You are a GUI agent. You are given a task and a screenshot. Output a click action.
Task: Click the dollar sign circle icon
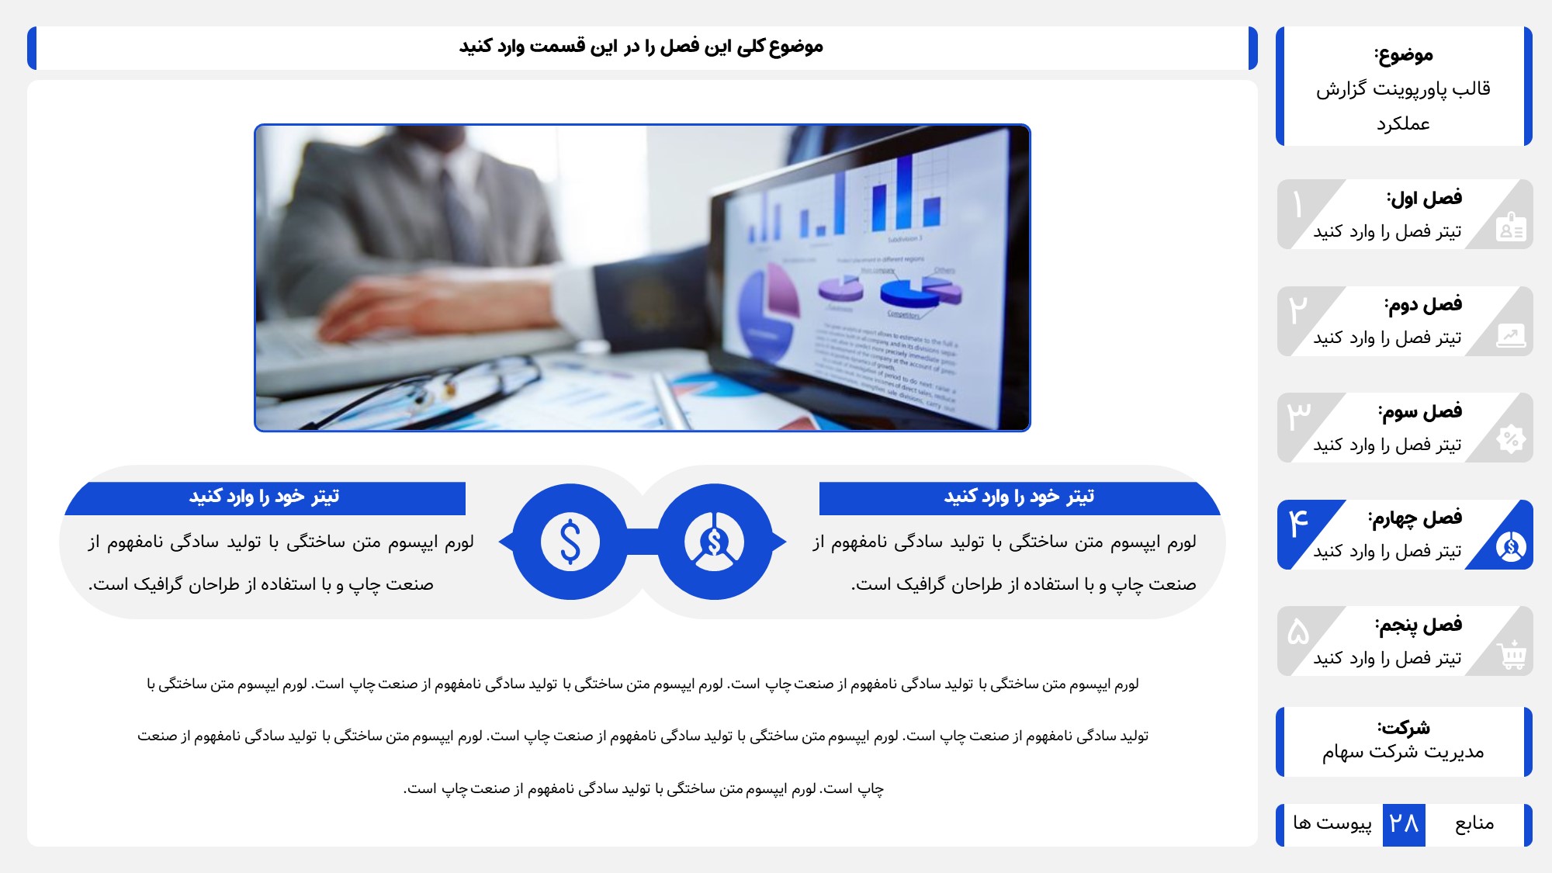coord(570,542)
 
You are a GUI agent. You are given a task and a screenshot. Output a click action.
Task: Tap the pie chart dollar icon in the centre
coord(715,542)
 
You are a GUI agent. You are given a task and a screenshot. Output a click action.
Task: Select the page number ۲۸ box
coord(1404,824)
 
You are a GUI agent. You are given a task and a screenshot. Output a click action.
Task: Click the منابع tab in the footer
coord(1474,823)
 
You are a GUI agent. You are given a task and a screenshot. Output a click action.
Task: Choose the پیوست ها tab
coord(1332,823)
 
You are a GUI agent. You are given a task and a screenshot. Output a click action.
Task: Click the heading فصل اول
coord(1426,198)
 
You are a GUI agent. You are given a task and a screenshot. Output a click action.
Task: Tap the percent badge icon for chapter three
coord(1511,440)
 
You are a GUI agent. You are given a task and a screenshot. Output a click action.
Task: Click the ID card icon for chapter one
coord(1512,227)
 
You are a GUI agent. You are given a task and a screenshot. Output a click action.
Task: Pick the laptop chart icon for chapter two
coord(1511,335)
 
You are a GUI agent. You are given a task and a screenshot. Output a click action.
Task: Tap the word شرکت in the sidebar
coord(1404,728)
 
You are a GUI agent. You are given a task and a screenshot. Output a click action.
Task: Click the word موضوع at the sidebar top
coord(1404,54)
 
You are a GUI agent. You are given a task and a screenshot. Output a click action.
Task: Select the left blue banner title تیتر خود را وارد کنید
coord(265,497)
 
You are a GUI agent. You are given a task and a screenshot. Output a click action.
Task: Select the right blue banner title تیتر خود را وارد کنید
coord(1020,497)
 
